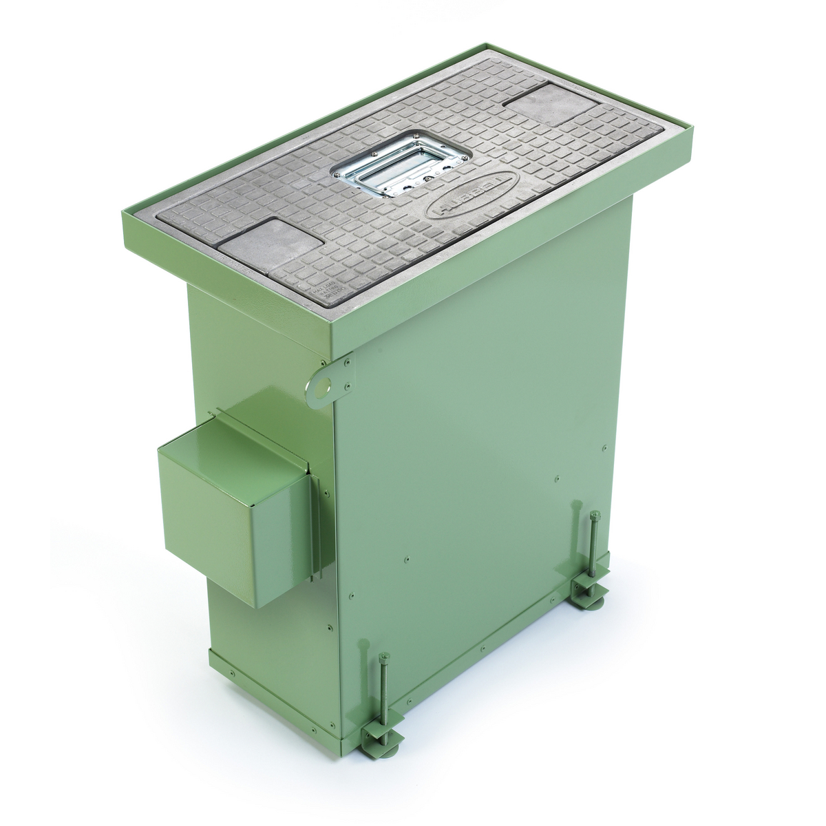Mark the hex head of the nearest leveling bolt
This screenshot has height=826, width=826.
[x=384, y=655]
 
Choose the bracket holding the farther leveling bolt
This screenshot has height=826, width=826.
[x=589, y=586]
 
